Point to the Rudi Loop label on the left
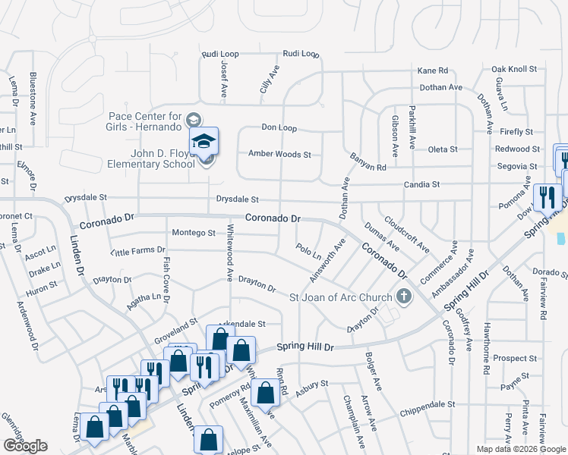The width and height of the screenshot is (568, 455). (220, 55)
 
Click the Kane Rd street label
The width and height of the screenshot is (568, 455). (433, 70)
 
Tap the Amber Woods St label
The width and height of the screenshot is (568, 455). (280, 155)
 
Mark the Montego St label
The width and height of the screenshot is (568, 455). (194, 232)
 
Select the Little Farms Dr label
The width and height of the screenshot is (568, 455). (137, 250)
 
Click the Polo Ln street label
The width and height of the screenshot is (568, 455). (308, 251)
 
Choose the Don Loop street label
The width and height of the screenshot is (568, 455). (279, 127)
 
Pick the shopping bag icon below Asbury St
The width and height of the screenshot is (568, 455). (266, 393)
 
